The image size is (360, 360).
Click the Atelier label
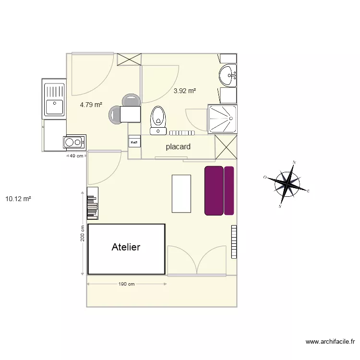[x=126, y=247]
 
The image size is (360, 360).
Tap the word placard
[x=178, y=147]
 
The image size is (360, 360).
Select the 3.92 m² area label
[x=185, y=90]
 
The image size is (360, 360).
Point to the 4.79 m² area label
[x=91, y=104]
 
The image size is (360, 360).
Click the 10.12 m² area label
[x=18, y=198]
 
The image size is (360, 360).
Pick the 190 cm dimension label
[x=126, y=284]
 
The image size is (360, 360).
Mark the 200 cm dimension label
[x=83, y=234]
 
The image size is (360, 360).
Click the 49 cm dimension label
[x=77, y=156]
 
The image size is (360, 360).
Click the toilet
[x=158, y=120]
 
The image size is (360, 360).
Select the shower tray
[x=222, y=119]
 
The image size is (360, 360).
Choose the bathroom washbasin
[x=228, y=75]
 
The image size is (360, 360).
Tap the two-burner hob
[x=74, y=142]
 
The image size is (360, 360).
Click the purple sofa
[x=219, y=191]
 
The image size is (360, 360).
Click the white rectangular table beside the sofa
[x=181, y=193]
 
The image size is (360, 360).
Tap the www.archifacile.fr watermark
[x=330, y=342]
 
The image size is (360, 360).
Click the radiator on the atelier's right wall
[x=234, y=241]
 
